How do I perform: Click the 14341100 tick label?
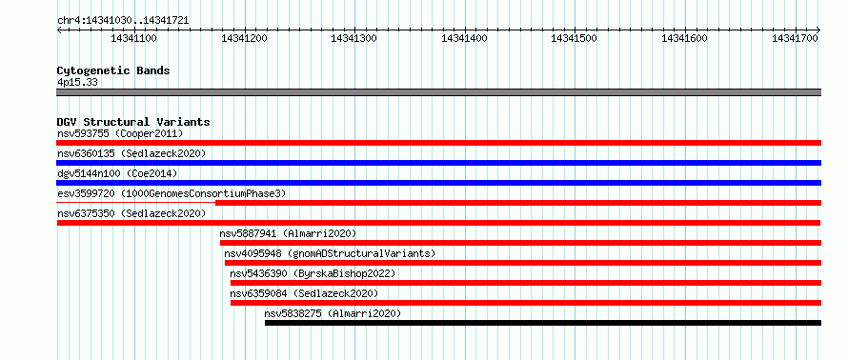click(x=133, y=38)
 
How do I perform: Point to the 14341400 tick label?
click(x=464, y=38)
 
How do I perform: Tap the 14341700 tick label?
click(x=795, y=38)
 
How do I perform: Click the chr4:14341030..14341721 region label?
click(x=123, y=21)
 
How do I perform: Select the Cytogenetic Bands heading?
click(x=113, y=70)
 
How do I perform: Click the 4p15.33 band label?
click(x=77, y=83)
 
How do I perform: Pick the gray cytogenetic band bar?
click(x=438, y=92)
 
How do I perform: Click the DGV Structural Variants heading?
click(x=133, y=122)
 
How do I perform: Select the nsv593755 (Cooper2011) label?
click(x=120, y=133)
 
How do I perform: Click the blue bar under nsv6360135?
click(x=438, y=163)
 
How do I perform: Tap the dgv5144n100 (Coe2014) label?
click(x=117, y=173)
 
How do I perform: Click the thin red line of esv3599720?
click(x=135, y=203)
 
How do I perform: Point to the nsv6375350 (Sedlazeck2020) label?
click(x=131, y=213)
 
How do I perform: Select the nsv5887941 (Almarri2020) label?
click(x=288, y=233)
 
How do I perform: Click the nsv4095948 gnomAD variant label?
click(x=330, y=253)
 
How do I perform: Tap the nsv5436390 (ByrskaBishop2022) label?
click(x=313, y=273)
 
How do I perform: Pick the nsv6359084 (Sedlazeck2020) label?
click(x=304, y=293)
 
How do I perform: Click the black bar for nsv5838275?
click(x=543, y=323)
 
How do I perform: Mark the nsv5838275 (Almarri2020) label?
click(x=333, y=313)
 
